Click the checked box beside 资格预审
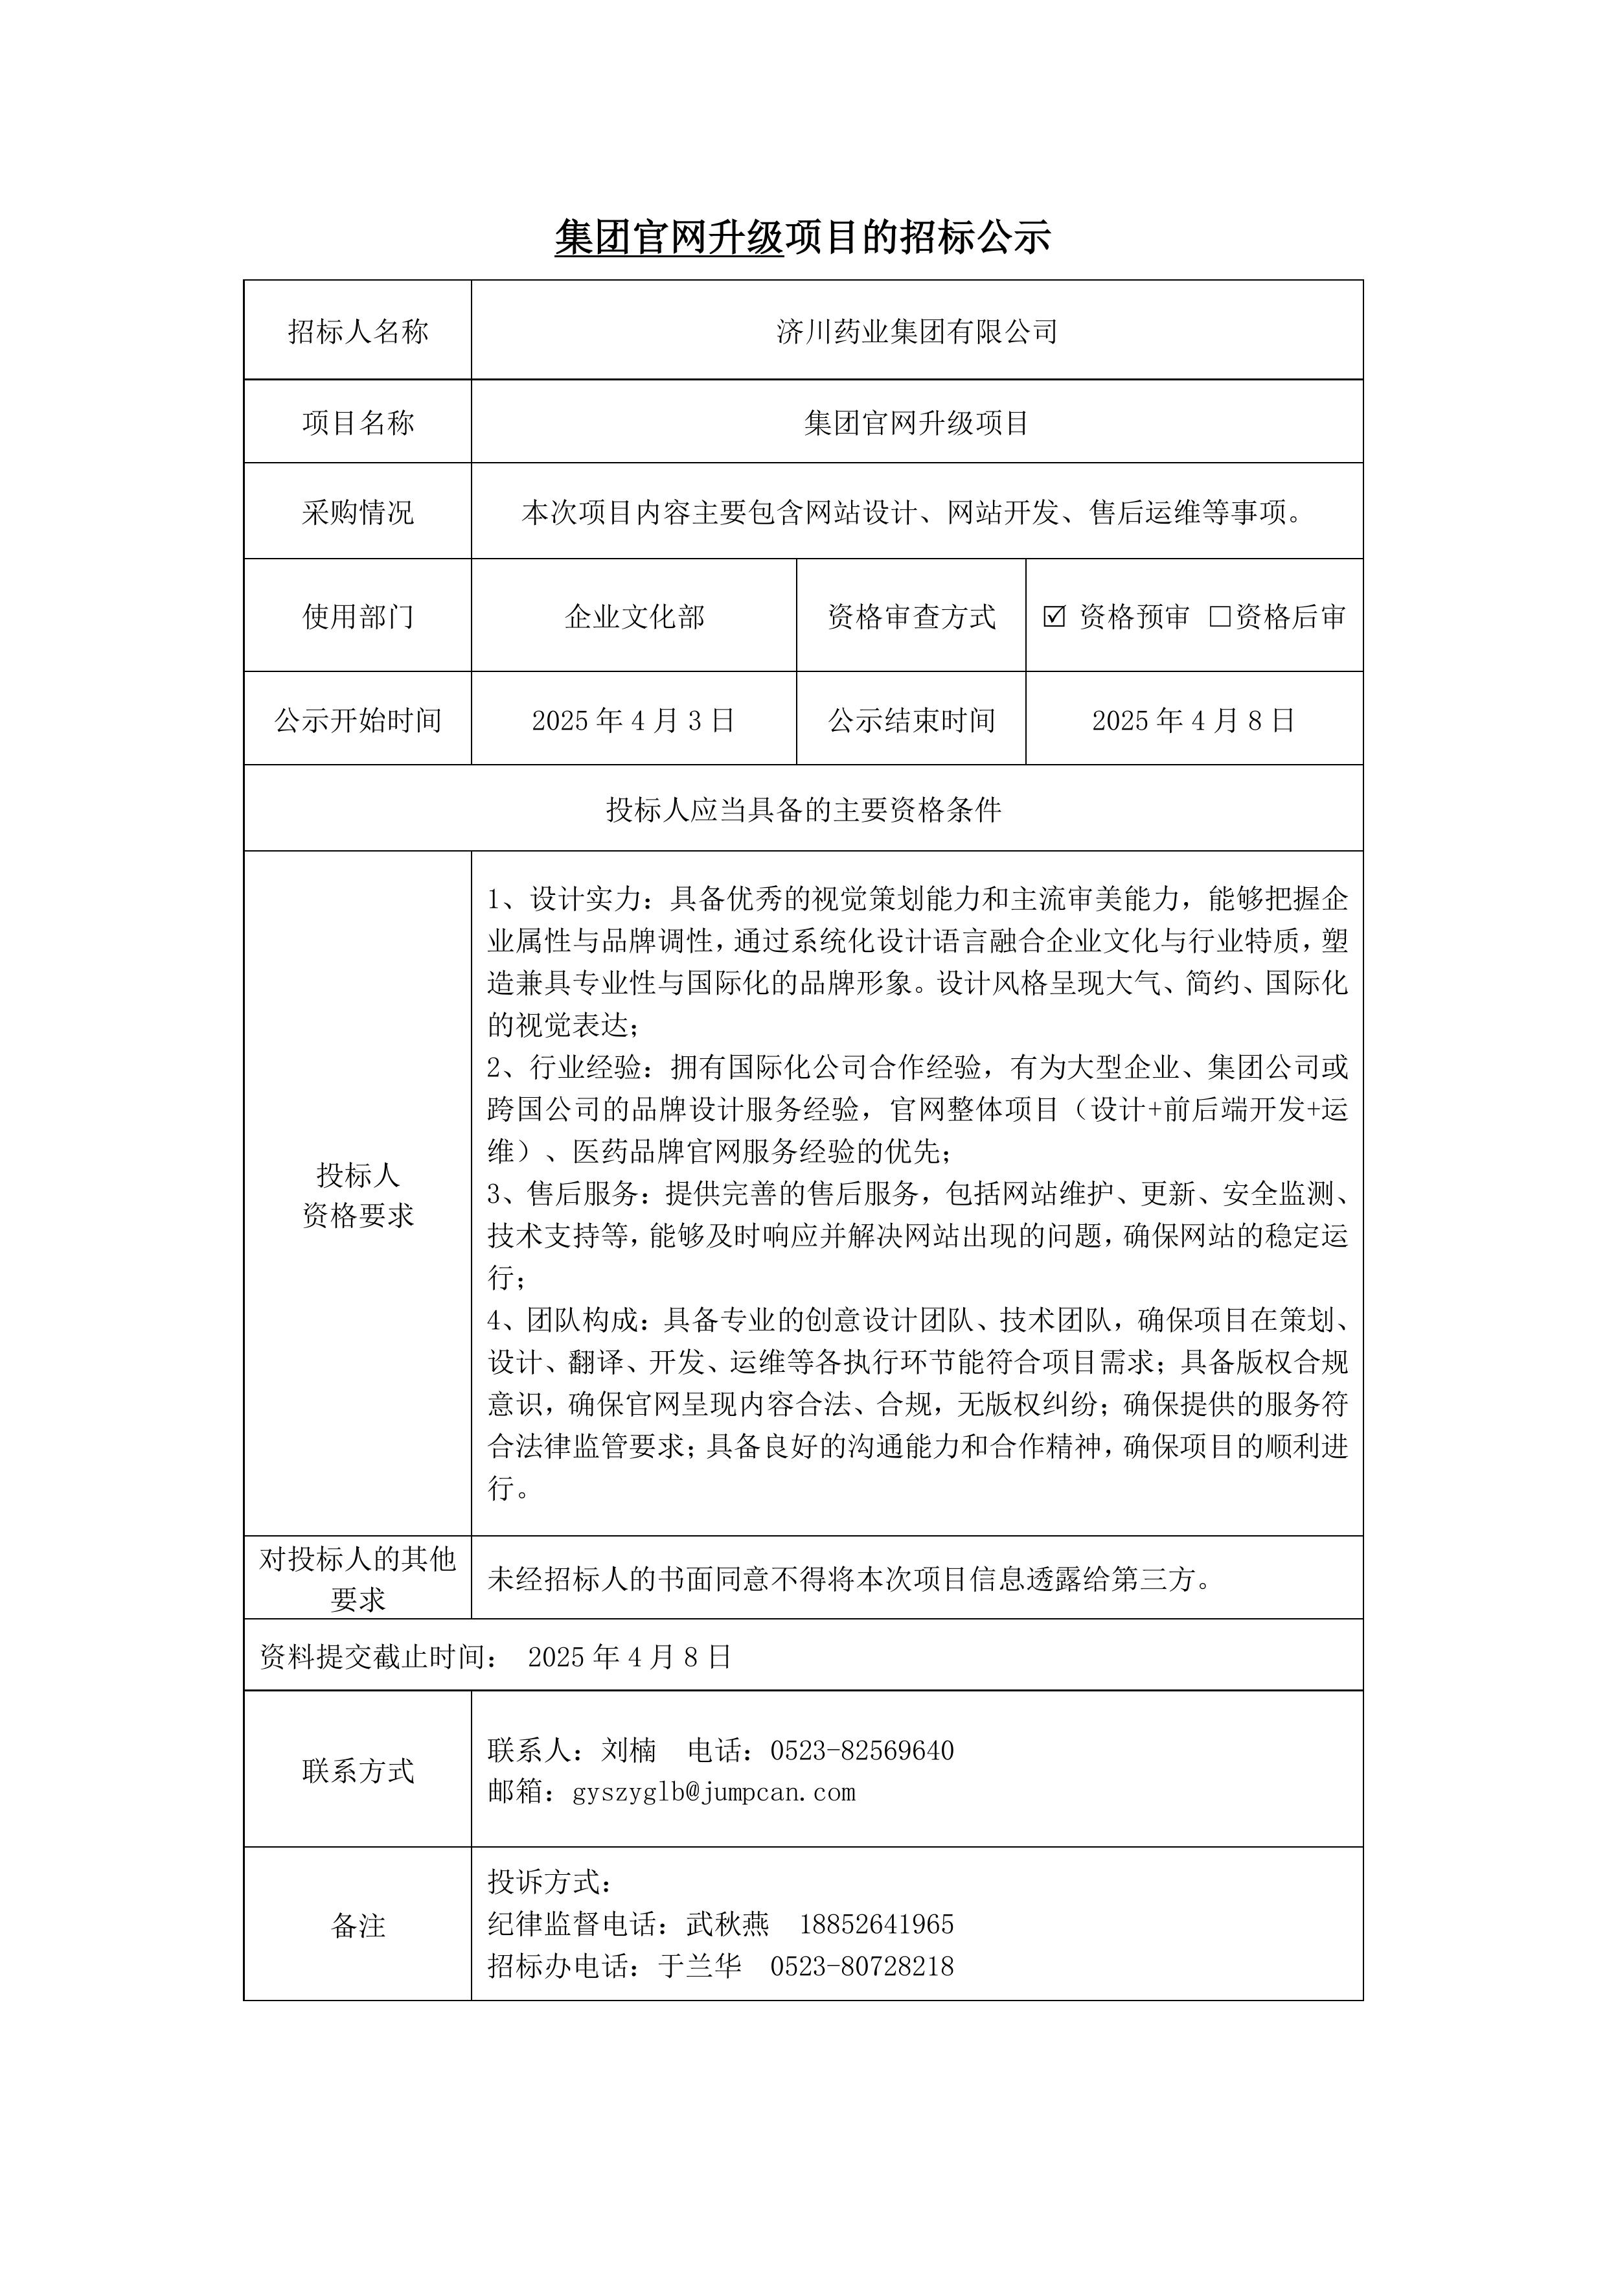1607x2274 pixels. click(x=1053, y=616)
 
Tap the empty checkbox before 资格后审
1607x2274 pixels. click(x=1220, y=616)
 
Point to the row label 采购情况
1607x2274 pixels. click(x=358, y=512)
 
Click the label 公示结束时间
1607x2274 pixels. click(x=911, y=720)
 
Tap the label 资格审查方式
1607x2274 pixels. click(x=911, y=616)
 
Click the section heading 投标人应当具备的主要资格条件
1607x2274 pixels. click(x=803, y=809)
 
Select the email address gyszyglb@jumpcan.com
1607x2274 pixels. click(x=714, y=1792)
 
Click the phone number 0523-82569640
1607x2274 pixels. click(x=861, y=1750)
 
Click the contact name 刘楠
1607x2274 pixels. click(x=629, y=1750)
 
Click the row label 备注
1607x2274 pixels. click(x=358, y=1925)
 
